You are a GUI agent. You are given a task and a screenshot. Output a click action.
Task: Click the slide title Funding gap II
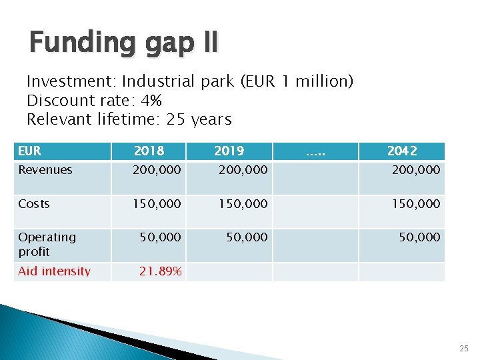123,43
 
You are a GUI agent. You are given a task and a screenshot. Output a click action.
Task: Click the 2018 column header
149,151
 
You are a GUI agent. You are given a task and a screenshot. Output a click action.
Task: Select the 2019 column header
229,151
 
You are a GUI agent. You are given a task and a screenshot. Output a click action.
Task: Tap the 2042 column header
402,151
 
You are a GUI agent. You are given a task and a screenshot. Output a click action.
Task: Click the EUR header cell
29,151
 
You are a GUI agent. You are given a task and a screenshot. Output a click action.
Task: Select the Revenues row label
45,170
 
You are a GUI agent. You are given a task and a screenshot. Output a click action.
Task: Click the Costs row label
34,204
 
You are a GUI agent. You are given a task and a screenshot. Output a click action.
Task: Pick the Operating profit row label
47,244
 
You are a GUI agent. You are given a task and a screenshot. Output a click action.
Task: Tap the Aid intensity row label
54,271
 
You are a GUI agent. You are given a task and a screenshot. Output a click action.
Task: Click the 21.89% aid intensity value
160,271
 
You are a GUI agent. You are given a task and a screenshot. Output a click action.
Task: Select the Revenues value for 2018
157,170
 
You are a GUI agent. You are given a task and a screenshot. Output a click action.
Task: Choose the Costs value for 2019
243,204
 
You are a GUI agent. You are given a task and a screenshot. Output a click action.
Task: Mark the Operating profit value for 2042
420,237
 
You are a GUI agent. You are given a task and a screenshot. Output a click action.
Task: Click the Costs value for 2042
417,204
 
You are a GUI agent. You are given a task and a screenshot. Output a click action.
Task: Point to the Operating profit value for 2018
160,237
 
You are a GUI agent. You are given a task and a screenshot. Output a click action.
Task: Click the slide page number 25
464,349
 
